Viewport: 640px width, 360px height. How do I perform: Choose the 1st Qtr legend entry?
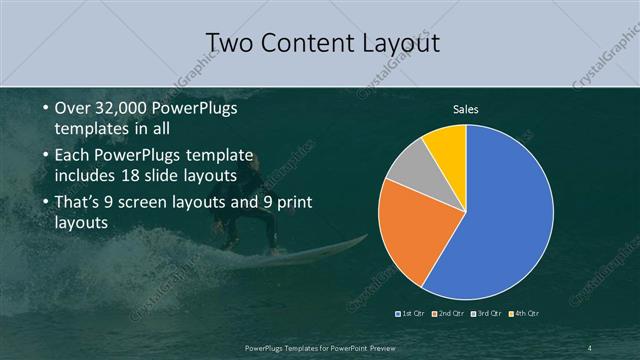412,315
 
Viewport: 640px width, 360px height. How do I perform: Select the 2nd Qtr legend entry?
452,315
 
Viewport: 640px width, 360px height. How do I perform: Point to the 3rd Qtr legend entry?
489,315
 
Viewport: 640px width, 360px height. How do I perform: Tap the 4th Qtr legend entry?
527,315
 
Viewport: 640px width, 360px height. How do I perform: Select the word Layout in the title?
397,42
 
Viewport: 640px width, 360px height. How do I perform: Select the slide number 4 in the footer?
590,347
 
